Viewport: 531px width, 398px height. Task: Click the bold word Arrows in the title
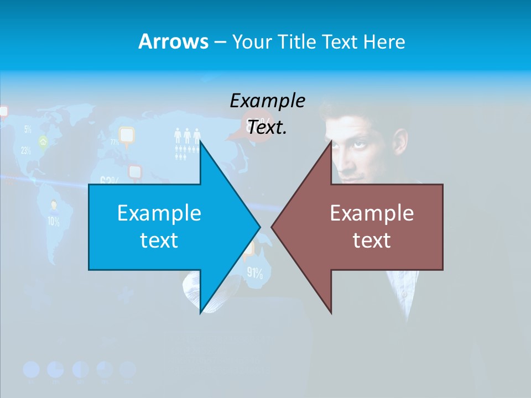(173, 41)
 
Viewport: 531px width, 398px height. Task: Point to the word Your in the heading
(251, 42)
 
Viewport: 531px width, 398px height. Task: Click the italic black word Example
(267, 101)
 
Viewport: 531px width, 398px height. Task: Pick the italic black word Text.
(267, 128)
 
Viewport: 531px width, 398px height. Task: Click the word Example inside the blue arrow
(159, 213)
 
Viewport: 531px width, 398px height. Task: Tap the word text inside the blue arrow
(159, 240)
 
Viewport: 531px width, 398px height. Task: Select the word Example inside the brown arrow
(372, 213)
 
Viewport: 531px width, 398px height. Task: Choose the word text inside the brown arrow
(372, 240)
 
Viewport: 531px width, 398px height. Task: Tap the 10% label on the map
(54, 222)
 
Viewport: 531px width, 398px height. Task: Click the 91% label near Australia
(254, 273)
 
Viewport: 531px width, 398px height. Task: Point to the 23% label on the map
(26, 150)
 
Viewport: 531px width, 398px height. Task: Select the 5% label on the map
(28, 130)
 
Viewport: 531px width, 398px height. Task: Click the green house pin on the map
(43, 142)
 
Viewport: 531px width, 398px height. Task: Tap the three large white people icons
(187, 135)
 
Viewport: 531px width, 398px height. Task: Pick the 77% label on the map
(114, 142)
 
